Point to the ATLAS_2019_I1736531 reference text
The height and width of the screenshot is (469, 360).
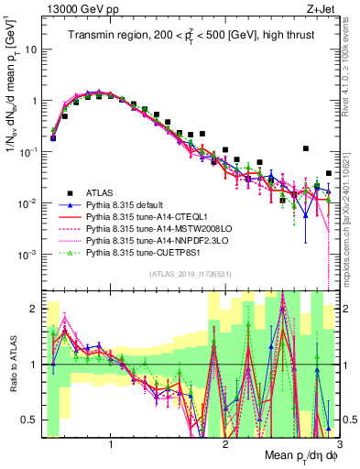[x=186, y=275]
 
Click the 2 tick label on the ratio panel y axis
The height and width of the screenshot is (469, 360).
[x=33, y=310]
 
